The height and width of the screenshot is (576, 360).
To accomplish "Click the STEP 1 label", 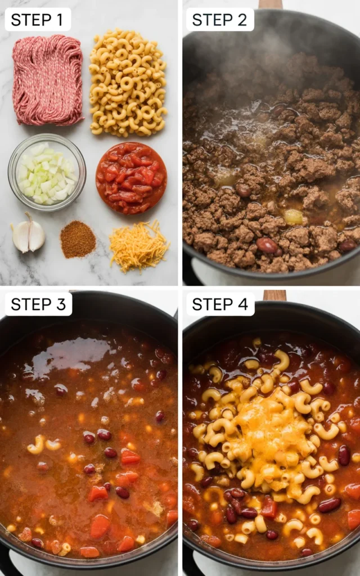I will (38, 20).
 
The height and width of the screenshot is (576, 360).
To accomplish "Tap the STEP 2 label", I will (220, 20).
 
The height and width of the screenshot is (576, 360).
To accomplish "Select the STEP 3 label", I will (38, 304).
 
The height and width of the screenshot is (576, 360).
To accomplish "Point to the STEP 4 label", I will (220, 304).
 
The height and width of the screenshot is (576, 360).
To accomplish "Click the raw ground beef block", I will (48, 80).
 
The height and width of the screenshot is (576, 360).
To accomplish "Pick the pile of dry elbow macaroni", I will (128, 82).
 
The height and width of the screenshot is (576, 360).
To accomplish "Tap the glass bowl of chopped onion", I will (47, 172).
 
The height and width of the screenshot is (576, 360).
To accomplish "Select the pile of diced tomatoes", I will (131, 178).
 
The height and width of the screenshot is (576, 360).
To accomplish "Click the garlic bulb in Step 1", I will (29, 235).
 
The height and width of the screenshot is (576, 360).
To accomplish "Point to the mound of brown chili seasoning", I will (78, 240).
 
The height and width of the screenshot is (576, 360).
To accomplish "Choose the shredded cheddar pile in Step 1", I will (138, 245).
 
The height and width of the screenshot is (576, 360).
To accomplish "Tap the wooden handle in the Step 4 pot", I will (274, 295).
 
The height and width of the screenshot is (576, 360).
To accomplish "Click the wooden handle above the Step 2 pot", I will (271, 4).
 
